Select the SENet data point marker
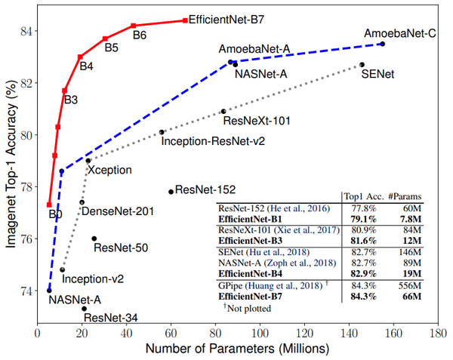(362, 65)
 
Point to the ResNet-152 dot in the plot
(171, 192)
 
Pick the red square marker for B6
(133, 26)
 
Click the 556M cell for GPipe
(411, 285)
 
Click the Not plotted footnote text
(249, 308)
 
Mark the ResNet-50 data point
(94, 238)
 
